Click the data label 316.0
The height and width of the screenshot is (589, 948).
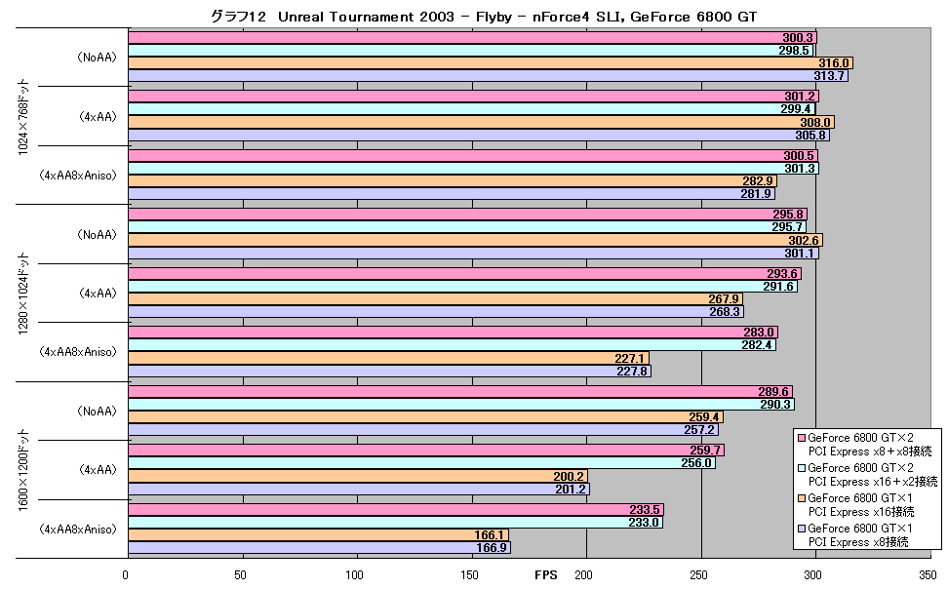click(x=834, y=63)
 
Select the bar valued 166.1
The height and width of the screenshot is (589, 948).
click(x=318, y=535)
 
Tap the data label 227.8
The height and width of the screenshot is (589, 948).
click(x=632, y=372)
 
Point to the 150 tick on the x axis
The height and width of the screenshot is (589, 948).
click(x=469, y=575)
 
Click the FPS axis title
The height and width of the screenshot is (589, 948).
click(x=546, y=575)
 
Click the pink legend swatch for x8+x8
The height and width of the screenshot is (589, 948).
click(x=802, y=438)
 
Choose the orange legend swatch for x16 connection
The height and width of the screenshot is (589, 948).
click(x=802, y=498)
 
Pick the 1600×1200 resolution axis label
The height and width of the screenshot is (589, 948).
click(x=23, y=470)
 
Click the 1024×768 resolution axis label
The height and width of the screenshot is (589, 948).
click(x=23, y=117)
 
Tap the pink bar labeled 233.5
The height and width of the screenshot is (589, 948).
click(x=396, y=510)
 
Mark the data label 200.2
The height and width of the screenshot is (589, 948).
click(x=569, y=477)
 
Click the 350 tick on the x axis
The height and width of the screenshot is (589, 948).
click(x=925, y=575)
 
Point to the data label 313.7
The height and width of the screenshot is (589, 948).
click(x=829, y=76)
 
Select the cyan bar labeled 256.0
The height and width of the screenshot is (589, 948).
click(x=422, y=463)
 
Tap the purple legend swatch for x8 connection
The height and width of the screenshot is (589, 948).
click(x=802, y=529)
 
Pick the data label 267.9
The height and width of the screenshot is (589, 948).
click(x=724, y=299)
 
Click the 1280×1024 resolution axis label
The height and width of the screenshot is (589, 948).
click(x=23, y=294)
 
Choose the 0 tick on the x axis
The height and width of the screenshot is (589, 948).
click(x=125, y=575)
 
